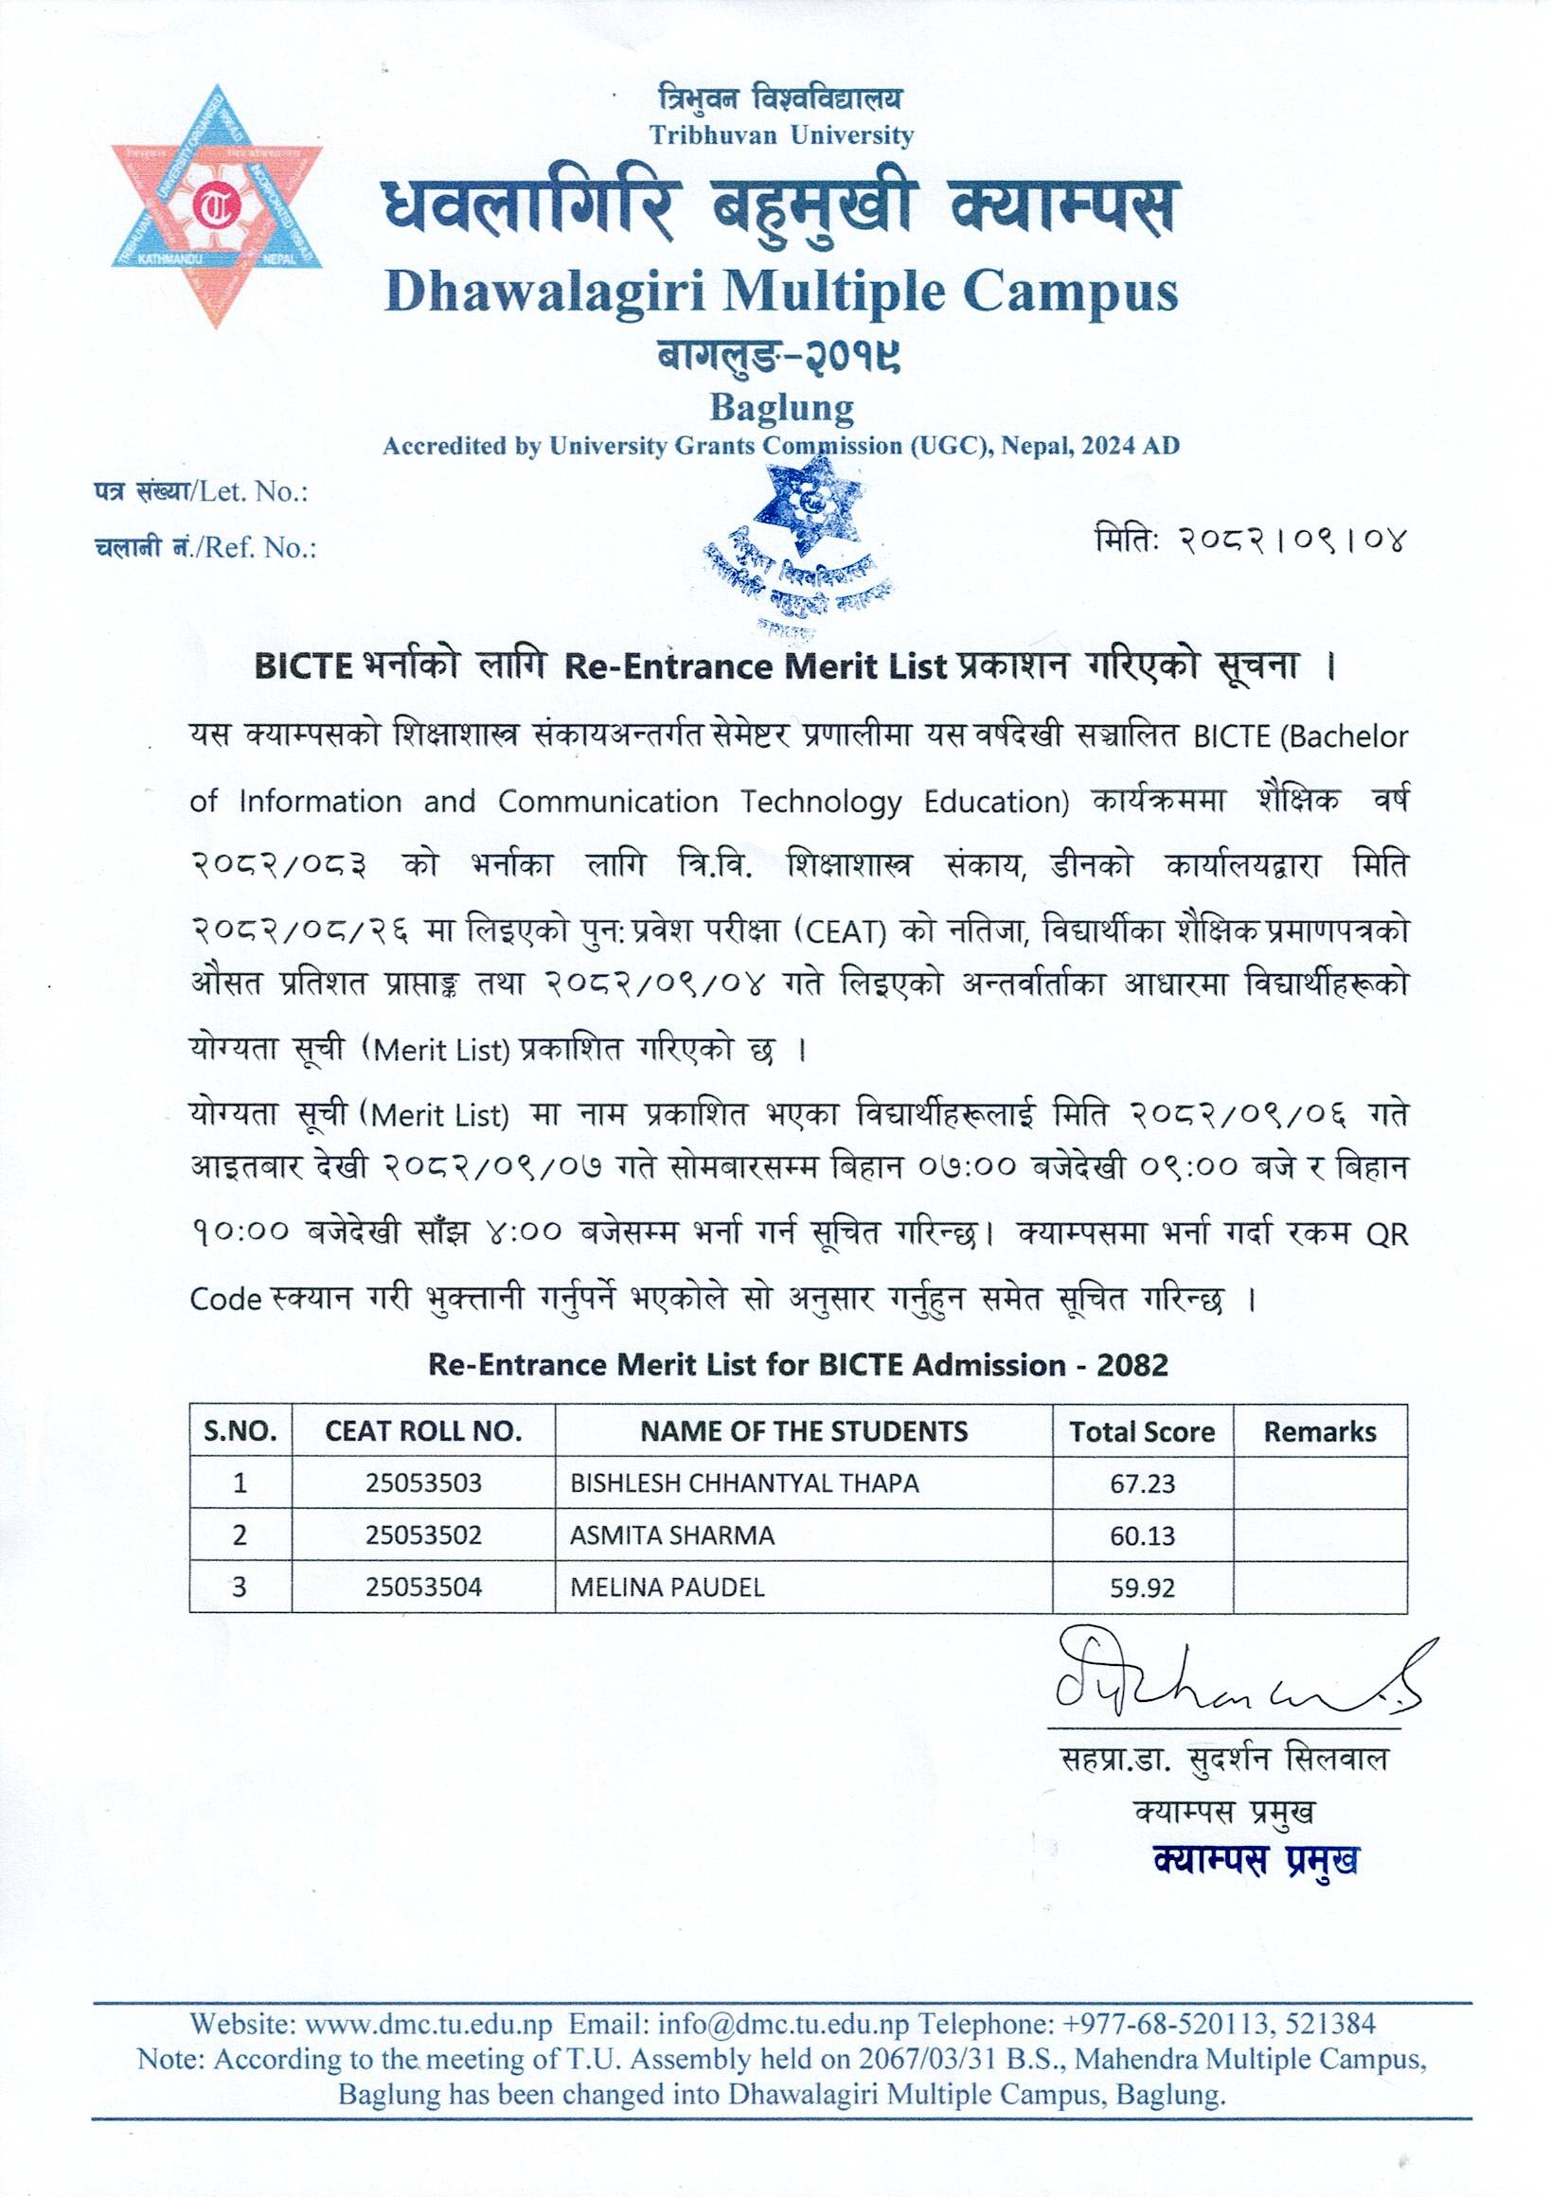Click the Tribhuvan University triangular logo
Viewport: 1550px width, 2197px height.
218,206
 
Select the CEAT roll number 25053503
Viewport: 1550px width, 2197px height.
423,1483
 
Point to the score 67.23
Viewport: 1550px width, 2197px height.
1142,1484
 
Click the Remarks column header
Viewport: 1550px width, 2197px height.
1319,1431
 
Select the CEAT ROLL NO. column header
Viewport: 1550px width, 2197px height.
423,1431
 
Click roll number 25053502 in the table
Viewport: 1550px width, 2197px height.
423,1535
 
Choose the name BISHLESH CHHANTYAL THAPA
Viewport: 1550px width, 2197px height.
744,1483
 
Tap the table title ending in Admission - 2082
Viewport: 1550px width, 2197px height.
797,1365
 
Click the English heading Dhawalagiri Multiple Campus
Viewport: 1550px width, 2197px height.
781,292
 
